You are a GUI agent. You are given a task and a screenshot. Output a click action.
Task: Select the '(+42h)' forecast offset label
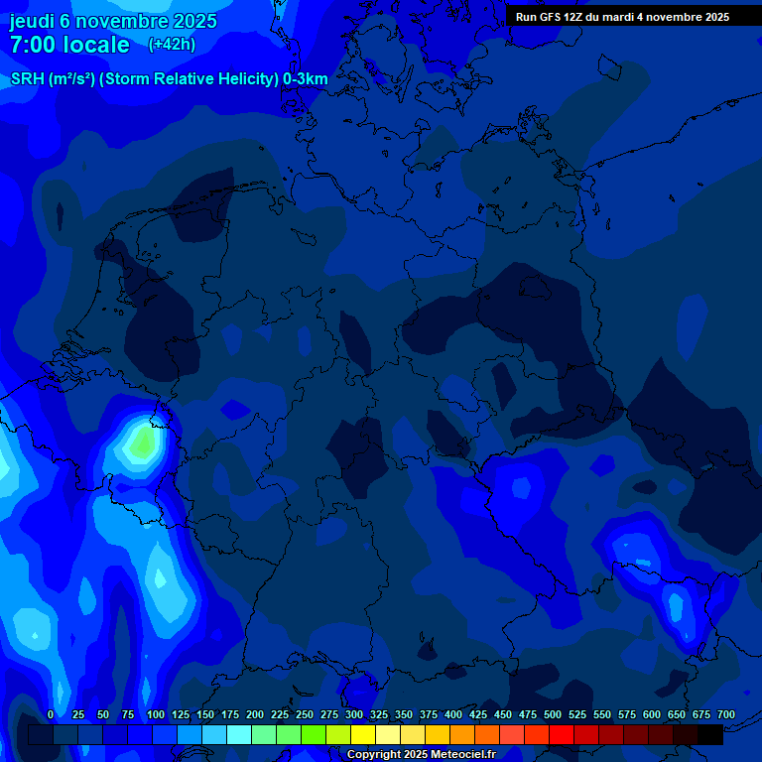click(x=172, y=44)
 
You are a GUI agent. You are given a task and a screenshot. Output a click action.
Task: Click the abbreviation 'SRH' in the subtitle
click(x=27, y=79)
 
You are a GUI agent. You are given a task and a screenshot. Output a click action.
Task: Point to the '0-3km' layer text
click(x=305, y=79)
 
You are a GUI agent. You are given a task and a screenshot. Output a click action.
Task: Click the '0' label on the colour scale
click(x=51, y=714)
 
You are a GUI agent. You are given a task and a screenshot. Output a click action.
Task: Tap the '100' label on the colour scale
click(x=156, y=714)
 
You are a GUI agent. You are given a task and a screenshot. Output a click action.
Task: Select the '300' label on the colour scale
click(x=354, y=714)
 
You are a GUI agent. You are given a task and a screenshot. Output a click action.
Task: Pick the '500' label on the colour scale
click(x=553, y=714)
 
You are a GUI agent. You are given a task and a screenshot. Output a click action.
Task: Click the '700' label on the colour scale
click(x=726, y=714)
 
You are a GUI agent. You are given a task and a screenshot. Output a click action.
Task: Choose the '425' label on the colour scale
click(x=478, y=714)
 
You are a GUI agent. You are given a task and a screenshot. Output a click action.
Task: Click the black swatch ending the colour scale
click(x=710, y=734)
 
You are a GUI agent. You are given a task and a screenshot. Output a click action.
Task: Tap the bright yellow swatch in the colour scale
click(x=363, y=734)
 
